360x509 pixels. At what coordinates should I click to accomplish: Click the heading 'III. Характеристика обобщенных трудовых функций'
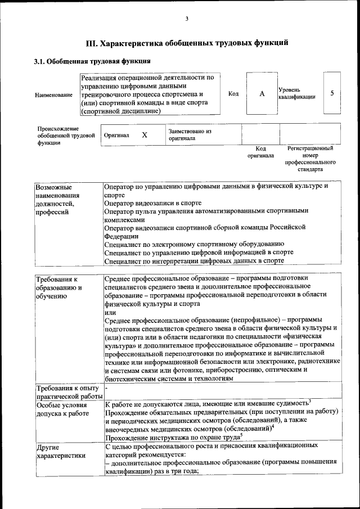[x=187, y=43]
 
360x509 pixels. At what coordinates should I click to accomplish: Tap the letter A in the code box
[x=262, y=93]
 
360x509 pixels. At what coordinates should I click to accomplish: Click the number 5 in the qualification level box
[x=332, y=93]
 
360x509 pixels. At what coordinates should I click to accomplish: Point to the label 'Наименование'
[x=53, y=94]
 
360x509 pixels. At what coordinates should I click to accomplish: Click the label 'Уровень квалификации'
[x=296, y=93]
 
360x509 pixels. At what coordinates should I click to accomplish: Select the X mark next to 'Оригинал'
[x=145, y=135]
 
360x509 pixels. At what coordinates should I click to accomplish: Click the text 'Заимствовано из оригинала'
[x=190, y=134]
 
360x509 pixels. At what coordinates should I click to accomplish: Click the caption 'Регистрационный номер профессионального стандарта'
[x=310, y=158]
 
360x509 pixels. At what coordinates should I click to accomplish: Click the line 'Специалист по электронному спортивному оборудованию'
[x=190, y=244]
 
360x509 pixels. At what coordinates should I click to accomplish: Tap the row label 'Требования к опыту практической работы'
[x=67, y=393]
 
